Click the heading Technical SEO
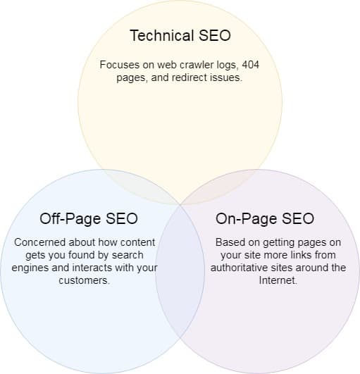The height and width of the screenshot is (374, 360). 180,35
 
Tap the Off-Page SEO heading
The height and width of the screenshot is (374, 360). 89,219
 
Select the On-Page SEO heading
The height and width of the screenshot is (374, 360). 265,219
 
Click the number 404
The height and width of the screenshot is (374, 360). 251,64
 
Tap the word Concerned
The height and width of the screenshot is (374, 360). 39,242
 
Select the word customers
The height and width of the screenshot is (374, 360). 85,280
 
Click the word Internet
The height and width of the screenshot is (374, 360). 278,280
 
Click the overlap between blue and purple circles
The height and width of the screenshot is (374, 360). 180,270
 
